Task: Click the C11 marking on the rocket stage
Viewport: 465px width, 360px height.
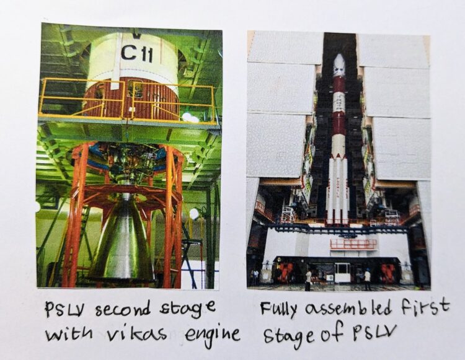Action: (x=137, y=53)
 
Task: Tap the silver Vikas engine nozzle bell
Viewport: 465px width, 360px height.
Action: (x=121, y=245)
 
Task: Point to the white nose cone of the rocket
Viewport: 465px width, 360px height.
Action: (x=339, y=65)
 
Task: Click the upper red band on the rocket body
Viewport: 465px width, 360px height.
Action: (x=339, y=84)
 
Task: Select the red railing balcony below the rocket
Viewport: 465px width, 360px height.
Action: (x=353, y=244)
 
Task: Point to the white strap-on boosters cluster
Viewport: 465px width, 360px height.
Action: (x=339, y=186)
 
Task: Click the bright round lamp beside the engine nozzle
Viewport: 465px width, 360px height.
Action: (x=194, y=214)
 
